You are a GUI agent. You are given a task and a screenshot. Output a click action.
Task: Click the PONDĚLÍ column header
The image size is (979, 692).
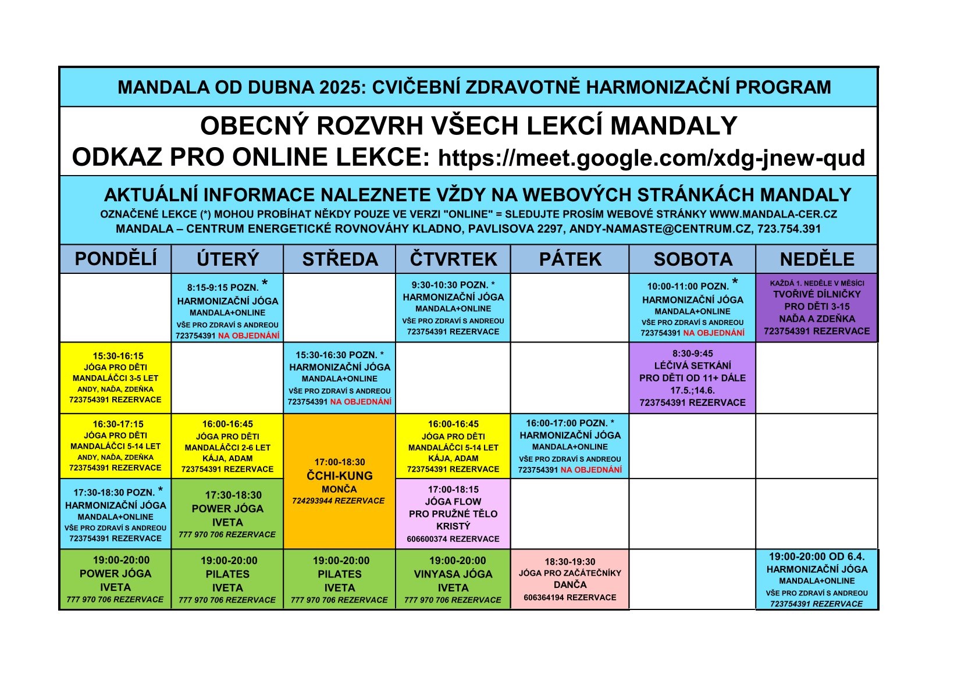[x=115, y=259]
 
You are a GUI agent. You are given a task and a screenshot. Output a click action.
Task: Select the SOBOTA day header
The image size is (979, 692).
[x=693, y=259]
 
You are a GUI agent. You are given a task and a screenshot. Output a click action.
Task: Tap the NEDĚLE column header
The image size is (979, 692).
[x=817, y=259]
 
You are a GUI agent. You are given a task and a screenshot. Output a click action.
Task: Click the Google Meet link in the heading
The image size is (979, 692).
[x=652, y=158]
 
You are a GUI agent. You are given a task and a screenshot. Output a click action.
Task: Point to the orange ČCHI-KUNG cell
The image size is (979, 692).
[x=340, y=481]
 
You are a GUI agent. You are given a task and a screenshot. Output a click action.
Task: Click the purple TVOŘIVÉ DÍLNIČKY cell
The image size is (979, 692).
[x=817, y=308]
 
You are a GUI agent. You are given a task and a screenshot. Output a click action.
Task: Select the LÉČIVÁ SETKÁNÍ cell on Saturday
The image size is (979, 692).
[x=693, y=378]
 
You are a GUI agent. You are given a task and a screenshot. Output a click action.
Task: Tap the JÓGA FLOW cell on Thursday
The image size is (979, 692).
[x=453, y=513]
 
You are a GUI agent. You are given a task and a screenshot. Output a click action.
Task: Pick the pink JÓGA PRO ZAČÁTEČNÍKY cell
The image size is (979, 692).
[x=570, y=579]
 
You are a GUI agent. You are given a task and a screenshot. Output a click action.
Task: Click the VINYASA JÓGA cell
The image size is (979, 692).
[x=453, y=579]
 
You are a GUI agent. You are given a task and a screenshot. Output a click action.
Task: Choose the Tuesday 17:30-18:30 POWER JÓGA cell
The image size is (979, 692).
[x=227, y=513]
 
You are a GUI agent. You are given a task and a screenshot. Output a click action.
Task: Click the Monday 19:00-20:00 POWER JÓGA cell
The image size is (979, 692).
[x=115, y=579]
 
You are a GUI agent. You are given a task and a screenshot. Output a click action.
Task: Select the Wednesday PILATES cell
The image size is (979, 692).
[x=340, y=579]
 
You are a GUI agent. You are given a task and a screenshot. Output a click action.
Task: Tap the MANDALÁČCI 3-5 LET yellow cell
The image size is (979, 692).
[x=115, y=378]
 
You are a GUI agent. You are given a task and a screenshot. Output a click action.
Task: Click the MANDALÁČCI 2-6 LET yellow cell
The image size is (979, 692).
[x=227, y=446]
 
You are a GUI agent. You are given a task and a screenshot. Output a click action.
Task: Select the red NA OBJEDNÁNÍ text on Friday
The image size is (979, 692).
[x=592, y=470]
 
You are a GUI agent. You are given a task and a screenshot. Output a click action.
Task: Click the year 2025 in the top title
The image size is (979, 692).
[x=340, y=87]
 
